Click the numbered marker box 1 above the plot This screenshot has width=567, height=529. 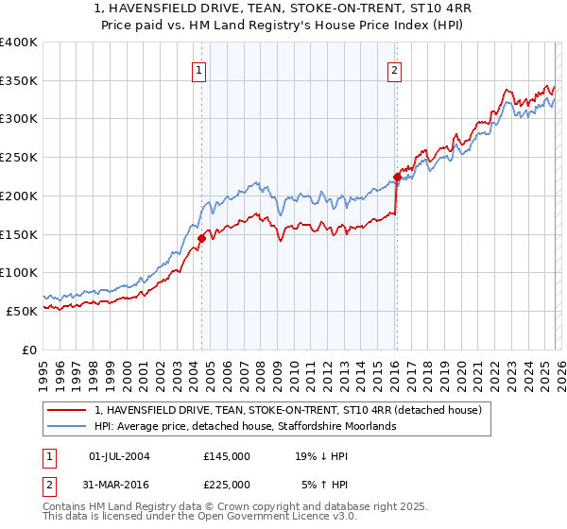click(x=199, y=68)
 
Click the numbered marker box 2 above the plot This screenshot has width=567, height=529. click(x=393, y=68)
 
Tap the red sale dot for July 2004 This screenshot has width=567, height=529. click(x=201, y=239)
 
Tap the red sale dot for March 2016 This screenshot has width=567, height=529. click(x=397, y=176)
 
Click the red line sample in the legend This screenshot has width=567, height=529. click(x=68, y=410)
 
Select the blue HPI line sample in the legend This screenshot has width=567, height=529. click(x=68, y=426)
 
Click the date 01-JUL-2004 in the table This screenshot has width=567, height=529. click(x=118, y=455)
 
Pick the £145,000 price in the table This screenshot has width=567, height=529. click(x=227, y=455)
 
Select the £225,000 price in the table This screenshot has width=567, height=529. click(x=227, y=484)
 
